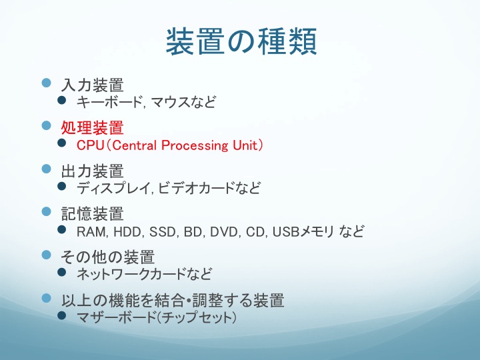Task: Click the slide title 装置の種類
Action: tap(241, 41)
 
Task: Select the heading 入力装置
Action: tap(93, 85)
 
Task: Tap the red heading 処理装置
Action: tap(93, 127)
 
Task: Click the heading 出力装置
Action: tap(93, 171)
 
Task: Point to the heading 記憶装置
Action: tap(93, 214)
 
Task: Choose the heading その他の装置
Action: tap(107, 257)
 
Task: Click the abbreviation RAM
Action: tap(91, 232)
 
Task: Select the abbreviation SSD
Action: tap(162, 232)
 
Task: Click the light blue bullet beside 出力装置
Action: tap(46, 169)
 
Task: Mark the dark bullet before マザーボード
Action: tap(62, 315)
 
